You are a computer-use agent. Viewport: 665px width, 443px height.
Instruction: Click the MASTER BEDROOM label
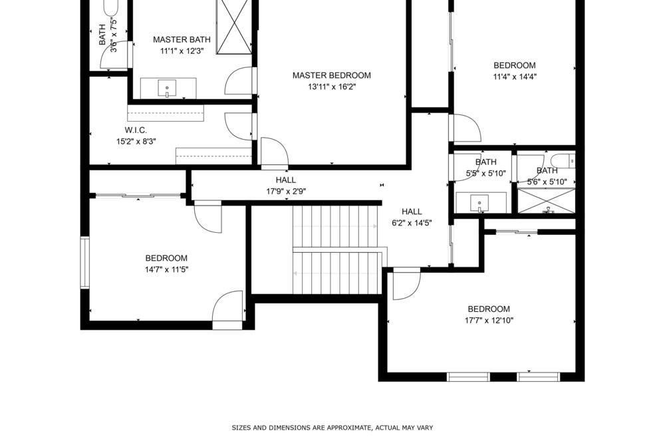click(332, 76)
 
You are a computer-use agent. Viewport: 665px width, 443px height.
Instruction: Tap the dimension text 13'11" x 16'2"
click(332, 87)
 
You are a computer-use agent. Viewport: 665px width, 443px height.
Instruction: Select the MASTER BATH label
click(182, 40)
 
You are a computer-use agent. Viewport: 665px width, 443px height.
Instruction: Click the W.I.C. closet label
click(136, 130)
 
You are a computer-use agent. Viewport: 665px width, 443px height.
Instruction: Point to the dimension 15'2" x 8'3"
click(136, 142)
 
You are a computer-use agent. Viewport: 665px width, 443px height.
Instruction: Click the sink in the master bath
click(167, 88)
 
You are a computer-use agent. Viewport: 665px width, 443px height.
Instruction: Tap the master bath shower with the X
click(234, 27)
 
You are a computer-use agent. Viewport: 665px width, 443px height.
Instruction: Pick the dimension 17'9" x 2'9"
click(286, 192)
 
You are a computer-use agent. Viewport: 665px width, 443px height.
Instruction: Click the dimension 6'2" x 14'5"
click(412, 223)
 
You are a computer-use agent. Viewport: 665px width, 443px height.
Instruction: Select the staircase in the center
click(336, 249)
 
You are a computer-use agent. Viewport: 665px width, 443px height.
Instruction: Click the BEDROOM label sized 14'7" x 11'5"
click(166, 258)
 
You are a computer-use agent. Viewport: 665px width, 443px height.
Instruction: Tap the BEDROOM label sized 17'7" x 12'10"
click(489, 309)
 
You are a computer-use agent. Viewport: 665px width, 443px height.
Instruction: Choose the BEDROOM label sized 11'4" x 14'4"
click(515, 65)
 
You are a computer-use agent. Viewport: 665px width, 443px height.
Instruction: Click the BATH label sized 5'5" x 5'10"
click(485, 162)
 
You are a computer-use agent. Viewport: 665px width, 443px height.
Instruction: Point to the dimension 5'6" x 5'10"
click(547, 182)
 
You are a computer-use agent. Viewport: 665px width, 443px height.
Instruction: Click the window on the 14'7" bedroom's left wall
click(85, 263)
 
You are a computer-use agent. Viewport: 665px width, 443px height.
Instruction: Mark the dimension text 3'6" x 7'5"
click(114, 35)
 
